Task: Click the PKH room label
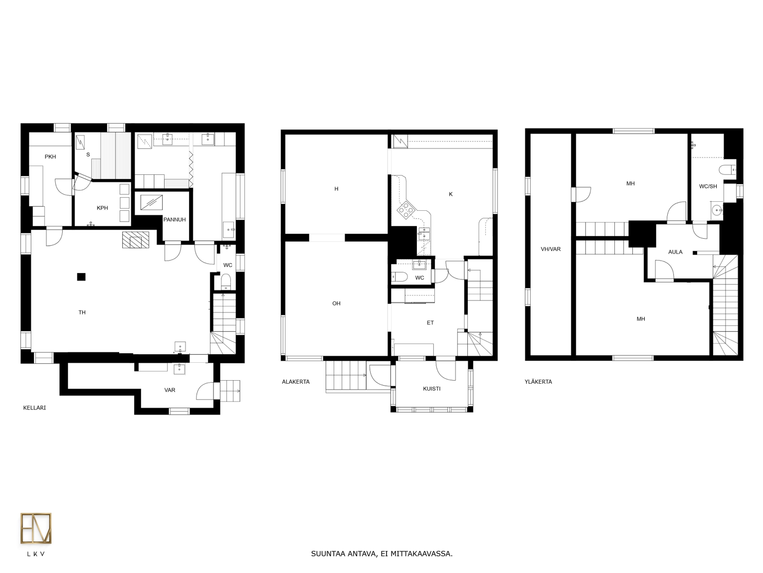[x=50, y=156]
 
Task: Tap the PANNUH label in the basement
[x=175, y=219]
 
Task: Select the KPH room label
[x=102, y=208]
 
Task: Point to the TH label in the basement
[x=82, y=312]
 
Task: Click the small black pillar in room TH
[x=81, y=277]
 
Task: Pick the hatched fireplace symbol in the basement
[x=136, y=240]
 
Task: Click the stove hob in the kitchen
[x=406, y=210]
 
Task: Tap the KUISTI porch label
[x=432, y=389]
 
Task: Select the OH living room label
[x=336, y=303]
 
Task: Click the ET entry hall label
[x=430, y=323]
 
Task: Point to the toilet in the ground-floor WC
[x=399, y=277]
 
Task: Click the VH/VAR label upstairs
[x=551, y=249]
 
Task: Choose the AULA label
[x=675, y=252]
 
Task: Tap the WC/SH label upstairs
[x=708, y=186]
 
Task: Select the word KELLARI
[x=34, y=408]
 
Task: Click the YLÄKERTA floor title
[x=538, y=382]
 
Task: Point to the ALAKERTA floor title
[x=296, y=382]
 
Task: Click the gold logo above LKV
[x=36, y=528]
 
